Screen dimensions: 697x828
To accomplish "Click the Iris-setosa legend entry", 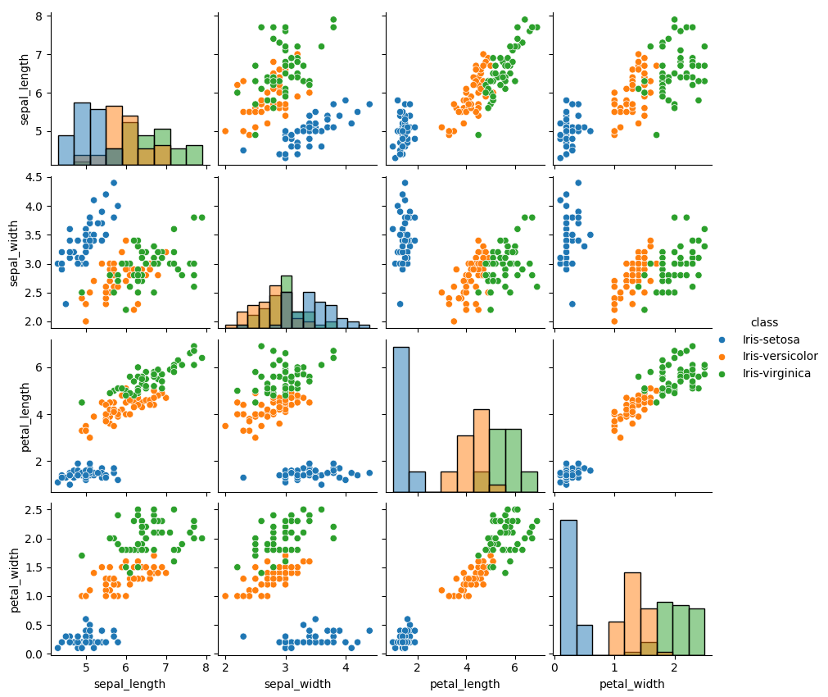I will pos(771,339).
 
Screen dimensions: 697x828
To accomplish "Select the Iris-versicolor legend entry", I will pos(780,356).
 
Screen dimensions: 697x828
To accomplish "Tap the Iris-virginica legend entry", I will pos(776,373).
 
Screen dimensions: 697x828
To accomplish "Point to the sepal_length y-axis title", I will pos(25,89).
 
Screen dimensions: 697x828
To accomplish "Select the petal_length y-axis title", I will pos(25,415).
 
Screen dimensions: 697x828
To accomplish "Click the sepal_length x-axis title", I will pos(129,684).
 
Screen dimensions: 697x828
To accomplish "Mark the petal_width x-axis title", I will pos(631,684).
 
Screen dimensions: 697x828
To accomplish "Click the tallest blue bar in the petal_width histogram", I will pos(568,587).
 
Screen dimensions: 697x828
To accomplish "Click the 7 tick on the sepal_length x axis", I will pos(165,667).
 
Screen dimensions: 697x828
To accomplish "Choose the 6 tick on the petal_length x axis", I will pos(515,667).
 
